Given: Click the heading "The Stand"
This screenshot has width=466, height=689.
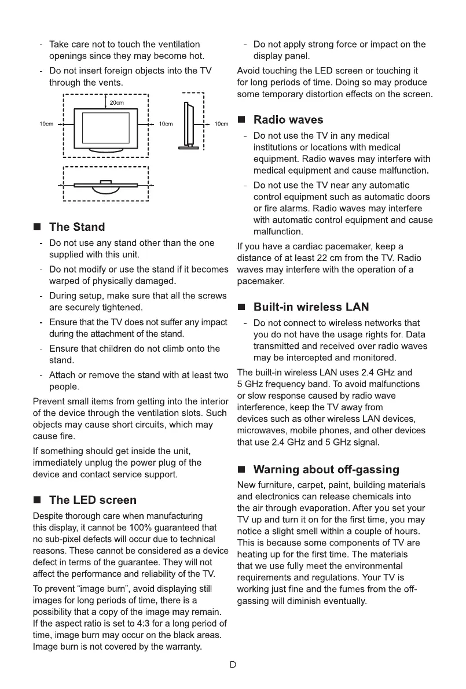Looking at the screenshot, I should pos(77,227).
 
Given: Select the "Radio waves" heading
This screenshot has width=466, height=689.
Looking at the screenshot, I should pos(288,120).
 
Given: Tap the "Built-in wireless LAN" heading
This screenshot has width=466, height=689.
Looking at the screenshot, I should pos(311,307).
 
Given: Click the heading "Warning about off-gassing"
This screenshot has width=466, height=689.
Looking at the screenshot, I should pos(326,469).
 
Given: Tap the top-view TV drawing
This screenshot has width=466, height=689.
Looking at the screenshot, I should pos(105,185).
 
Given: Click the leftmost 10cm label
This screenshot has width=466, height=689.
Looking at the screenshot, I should pos(46,124).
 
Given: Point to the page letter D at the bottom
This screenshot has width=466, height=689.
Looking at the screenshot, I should pos(233,665).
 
